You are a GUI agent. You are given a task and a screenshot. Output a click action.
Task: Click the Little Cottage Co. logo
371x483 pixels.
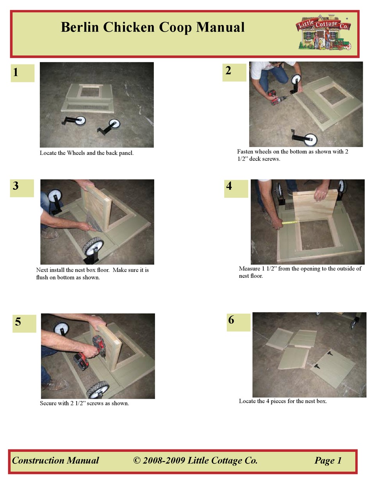tap(324, 33)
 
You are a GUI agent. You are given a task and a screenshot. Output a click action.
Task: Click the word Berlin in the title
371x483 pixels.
tap(80, 27)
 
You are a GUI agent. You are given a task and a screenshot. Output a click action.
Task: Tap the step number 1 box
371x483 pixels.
tap(22, 73)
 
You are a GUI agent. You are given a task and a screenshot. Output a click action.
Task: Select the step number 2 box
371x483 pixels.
tap(234, 72)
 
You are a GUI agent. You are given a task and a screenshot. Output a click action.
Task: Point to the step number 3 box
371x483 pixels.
tap(22, 187)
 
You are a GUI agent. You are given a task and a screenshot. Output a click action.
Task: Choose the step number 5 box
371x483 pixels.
tap(24, 323)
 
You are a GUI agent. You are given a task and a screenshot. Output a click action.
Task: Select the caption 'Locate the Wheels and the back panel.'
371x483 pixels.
tap(87, 153)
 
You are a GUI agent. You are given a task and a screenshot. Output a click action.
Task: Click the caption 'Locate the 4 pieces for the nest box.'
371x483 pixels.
tap(283, 401)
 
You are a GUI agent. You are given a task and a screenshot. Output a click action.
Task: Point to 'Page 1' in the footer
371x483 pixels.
tap(328, 461)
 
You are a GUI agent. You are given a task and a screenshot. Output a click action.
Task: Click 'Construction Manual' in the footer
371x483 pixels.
tap(55, 461)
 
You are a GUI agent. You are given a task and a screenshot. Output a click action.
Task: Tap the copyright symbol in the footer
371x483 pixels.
tap(137, 461)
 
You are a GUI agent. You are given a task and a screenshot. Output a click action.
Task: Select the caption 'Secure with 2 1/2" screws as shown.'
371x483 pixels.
tap(84, 403)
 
